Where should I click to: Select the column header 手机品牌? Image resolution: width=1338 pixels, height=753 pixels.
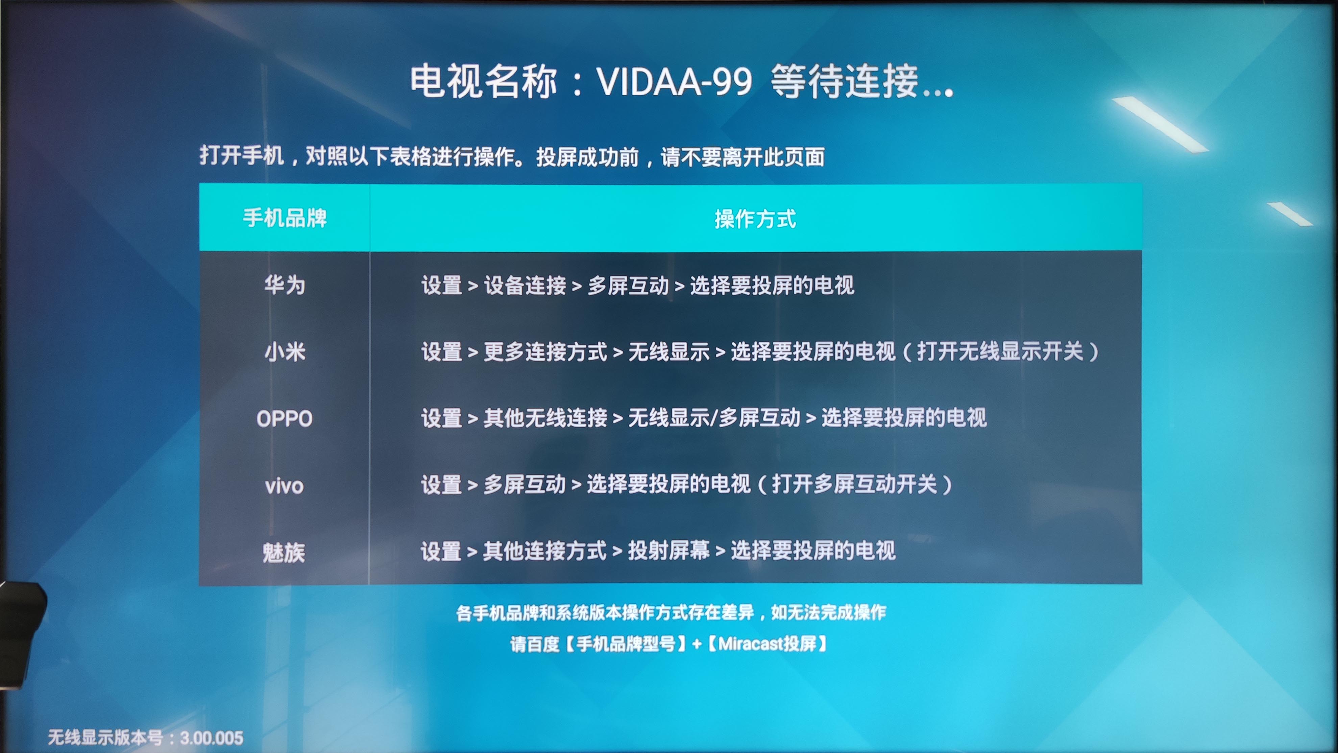pyautogui.click(x=285, y=218)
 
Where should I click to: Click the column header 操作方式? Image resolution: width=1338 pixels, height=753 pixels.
pyautogui.click(x=755, y=219)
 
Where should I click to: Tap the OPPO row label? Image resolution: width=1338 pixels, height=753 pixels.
pyautogui.click(x=284, y=418)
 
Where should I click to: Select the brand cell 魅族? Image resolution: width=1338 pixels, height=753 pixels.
pyautogui.click(x=284, y=552)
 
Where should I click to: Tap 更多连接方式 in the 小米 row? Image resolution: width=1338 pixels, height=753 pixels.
pyautogui.click(x=545, y=351)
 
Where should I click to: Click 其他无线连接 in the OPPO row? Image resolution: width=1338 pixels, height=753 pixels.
pyautogui.click(x=545, y=417)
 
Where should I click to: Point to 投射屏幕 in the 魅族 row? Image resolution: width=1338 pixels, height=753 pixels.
pyautogui.click(x=669, y=551)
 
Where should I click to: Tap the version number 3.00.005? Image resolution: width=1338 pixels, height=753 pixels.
pyautogui.click(x=212, y=738)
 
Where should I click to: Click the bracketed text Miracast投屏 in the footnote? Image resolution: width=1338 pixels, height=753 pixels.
pyautogui.click(x=767, y=644)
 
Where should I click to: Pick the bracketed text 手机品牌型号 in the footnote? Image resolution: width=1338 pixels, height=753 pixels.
pyautogui.click(x=625, y=644)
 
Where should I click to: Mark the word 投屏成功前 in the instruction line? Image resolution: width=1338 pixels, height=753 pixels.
pyautogui.click(x=587, y=156)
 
